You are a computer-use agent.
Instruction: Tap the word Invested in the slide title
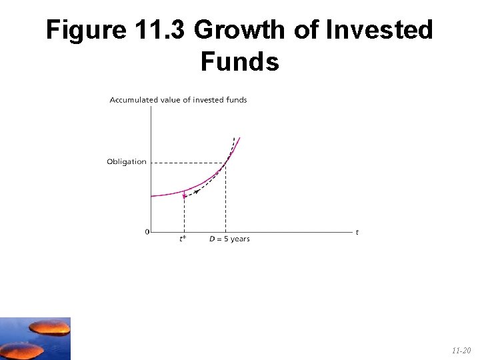click(x=379, y=31)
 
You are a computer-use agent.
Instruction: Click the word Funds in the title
click(x=239, y=62)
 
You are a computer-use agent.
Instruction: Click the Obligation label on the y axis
click(x=127, y=162)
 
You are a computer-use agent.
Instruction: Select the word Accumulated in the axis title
click(x=133, y=100)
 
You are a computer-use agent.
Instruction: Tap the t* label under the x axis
click(x=183, y=239)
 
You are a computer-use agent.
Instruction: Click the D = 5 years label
click(x=229, y=239)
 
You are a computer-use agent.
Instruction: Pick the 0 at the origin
click(x=147, y=233)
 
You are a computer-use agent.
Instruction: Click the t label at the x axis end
click(x=357, y=232)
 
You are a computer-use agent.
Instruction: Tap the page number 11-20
click(x=461, y=349)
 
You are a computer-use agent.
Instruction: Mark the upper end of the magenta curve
click(x=239, y=138)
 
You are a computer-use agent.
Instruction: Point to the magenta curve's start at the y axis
click(x=152, y=196)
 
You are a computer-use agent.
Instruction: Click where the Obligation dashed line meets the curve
click(x=226, y=161)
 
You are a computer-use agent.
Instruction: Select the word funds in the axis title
click(x=236, y=100)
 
